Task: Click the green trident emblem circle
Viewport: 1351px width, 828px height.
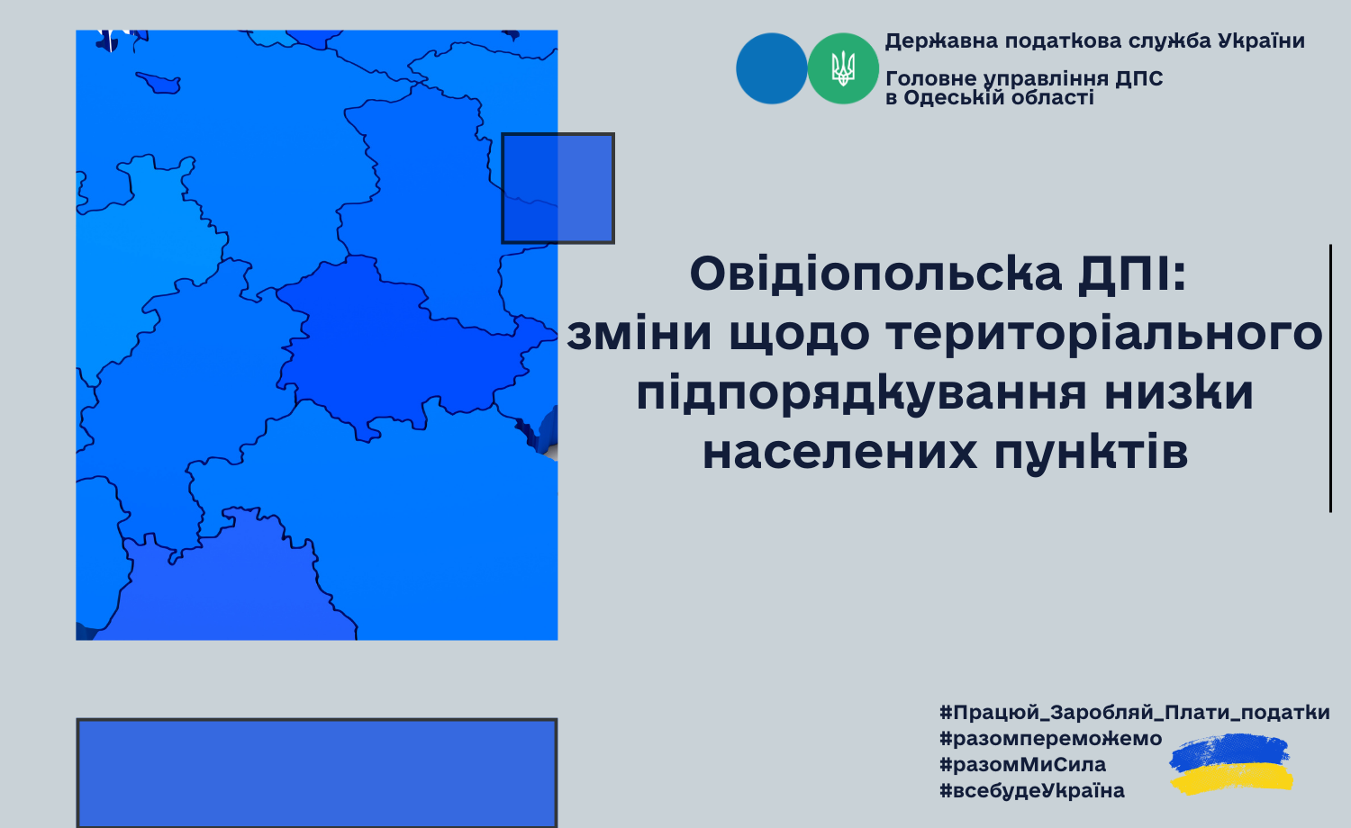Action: point(842,68)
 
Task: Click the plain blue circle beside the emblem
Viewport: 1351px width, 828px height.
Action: point(771,68)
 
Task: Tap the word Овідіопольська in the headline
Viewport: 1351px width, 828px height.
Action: point(875,274)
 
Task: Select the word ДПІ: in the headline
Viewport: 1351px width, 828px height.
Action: point(1132,274)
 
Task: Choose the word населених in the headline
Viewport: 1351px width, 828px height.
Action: point(839,453)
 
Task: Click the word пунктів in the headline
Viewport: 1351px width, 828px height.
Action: point(1091,453)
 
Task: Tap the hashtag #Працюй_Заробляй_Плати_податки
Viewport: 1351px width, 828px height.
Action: point(1135,712)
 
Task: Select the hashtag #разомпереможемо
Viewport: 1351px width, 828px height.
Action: point(1051,739)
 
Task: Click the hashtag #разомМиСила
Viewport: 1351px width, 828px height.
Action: point(1023,765)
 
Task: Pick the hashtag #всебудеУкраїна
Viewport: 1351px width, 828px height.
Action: point(1032,790)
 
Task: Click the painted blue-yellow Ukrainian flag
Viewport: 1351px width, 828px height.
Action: point(1231,763)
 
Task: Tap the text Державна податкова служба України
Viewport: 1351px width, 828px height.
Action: point(1094,41)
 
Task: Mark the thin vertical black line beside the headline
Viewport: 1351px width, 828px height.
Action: point(1330,378)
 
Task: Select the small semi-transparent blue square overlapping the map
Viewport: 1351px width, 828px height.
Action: point(558,188)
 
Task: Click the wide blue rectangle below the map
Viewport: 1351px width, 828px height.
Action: point(317,772)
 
